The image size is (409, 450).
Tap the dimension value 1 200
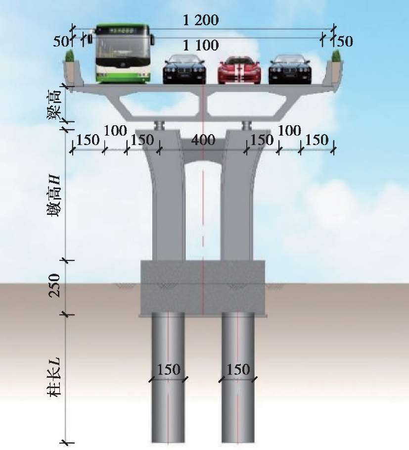coord(201,21)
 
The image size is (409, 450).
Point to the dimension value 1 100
coord(201,46)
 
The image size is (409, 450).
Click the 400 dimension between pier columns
coord(203,140)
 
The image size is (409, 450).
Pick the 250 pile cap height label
coord(55,285)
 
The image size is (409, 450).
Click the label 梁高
coord(57,103)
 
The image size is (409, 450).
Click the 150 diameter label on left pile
coord(169,370)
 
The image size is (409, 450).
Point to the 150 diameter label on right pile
coord(238,370)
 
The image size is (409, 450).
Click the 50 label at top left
coord(61,42)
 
